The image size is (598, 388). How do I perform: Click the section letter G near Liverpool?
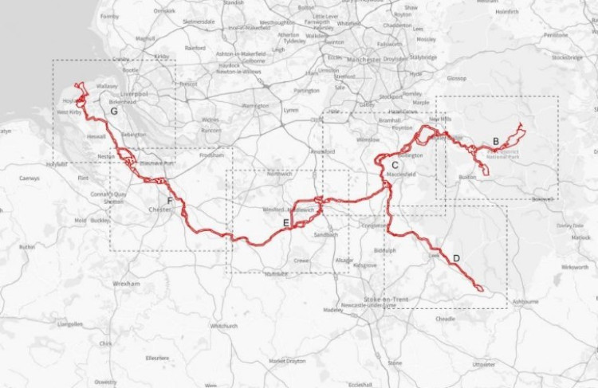coord(115,112)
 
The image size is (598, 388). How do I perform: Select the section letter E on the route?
coord(285,222)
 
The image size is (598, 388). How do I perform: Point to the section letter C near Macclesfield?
coord(395,163)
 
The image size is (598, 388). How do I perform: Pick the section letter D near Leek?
coord(455,257)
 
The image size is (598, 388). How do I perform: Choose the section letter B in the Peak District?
coord(495,141)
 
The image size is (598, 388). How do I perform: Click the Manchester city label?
coord(351,59)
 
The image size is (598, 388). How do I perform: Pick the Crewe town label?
coord(301,260)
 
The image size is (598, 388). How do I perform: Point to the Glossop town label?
coord(456,78)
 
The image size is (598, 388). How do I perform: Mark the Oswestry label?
coord(105,382)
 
